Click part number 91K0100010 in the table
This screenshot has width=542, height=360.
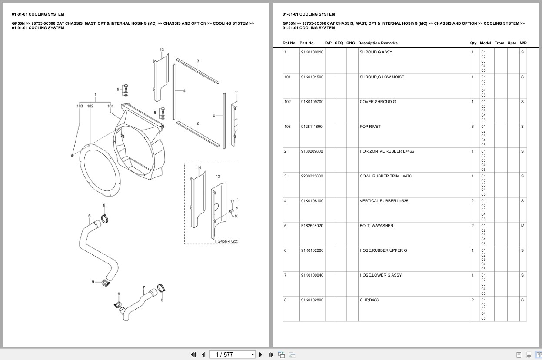click(312, 52)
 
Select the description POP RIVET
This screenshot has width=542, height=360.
click(370, 127)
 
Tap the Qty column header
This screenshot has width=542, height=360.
click(473, 43)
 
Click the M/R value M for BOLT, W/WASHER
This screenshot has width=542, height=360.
click(522, 226)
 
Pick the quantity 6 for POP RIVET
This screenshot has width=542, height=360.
click(472, 127)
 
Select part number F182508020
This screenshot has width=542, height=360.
click(312, 226)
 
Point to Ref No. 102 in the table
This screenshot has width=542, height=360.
click(287, 102)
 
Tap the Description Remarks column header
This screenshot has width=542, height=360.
click(377, 43)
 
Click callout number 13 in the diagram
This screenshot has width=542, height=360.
click(162, 50)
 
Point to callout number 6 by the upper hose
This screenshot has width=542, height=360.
click(90, 216)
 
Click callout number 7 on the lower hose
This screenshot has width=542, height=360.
click(143, 287)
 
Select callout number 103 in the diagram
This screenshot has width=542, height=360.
click(80, 106)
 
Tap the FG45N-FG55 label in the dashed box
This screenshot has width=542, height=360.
click(226, 241)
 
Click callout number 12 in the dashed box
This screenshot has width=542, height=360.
click(218, 176)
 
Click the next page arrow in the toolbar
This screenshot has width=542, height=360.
click(260, 354)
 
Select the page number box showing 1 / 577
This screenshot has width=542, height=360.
click(232, 354)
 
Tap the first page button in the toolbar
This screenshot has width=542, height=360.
click(193, 354)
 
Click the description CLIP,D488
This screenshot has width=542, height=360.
click(369, 300)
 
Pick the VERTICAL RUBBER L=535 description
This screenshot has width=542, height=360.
click(384, 201)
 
